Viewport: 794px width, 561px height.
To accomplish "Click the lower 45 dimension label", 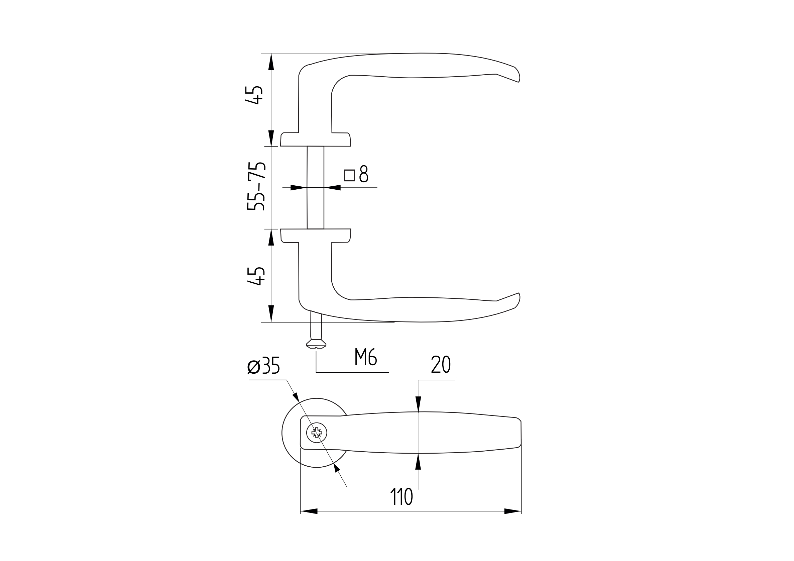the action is click(256, 276).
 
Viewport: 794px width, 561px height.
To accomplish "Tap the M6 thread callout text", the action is click(365, 357).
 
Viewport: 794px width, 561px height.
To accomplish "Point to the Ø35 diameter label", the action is click(263, 365).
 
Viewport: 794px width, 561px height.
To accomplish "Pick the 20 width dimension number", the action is click(441, 364).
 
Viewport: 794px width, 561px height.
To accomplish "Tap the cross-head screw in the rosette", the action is click(317, 433).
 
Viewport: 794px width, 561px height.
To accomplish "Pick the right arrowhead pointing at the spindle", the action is click(332, 188).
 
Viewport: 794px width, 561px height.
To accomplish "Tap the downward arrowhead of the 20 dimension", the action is click(418, 404).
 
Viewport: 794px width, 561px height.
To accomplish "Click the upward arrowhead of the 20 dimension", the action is click(418, 461).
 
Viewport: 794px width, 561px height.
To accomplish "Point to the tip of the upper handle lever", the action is click(519, 82).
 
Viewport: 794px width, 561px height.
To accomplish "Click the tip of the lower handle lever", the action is click(519, 293).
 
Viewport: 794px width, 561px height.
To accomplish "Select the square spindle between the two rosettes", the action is click(315, 188).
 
